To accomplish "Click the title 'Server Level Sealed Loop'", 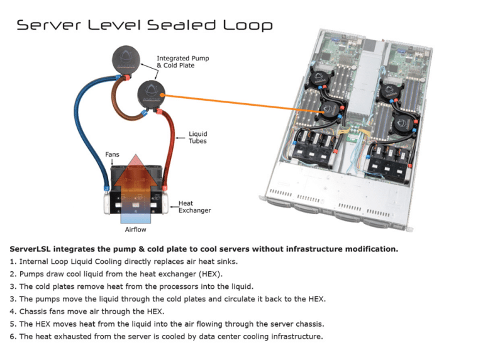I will coord(144,25).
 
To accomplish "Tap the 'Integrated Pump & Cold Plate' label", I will coord(182,62).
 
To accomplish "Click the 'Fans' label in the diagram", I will coord(112,154).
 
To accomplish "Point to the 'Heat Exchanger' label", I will coord(194,206).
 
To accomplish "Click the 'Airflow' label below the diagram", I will coord(135,230).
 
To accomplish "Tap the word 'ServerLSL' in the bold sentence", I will coord(30,249).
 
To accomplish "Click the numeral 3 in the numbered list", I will coord(12,286).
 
